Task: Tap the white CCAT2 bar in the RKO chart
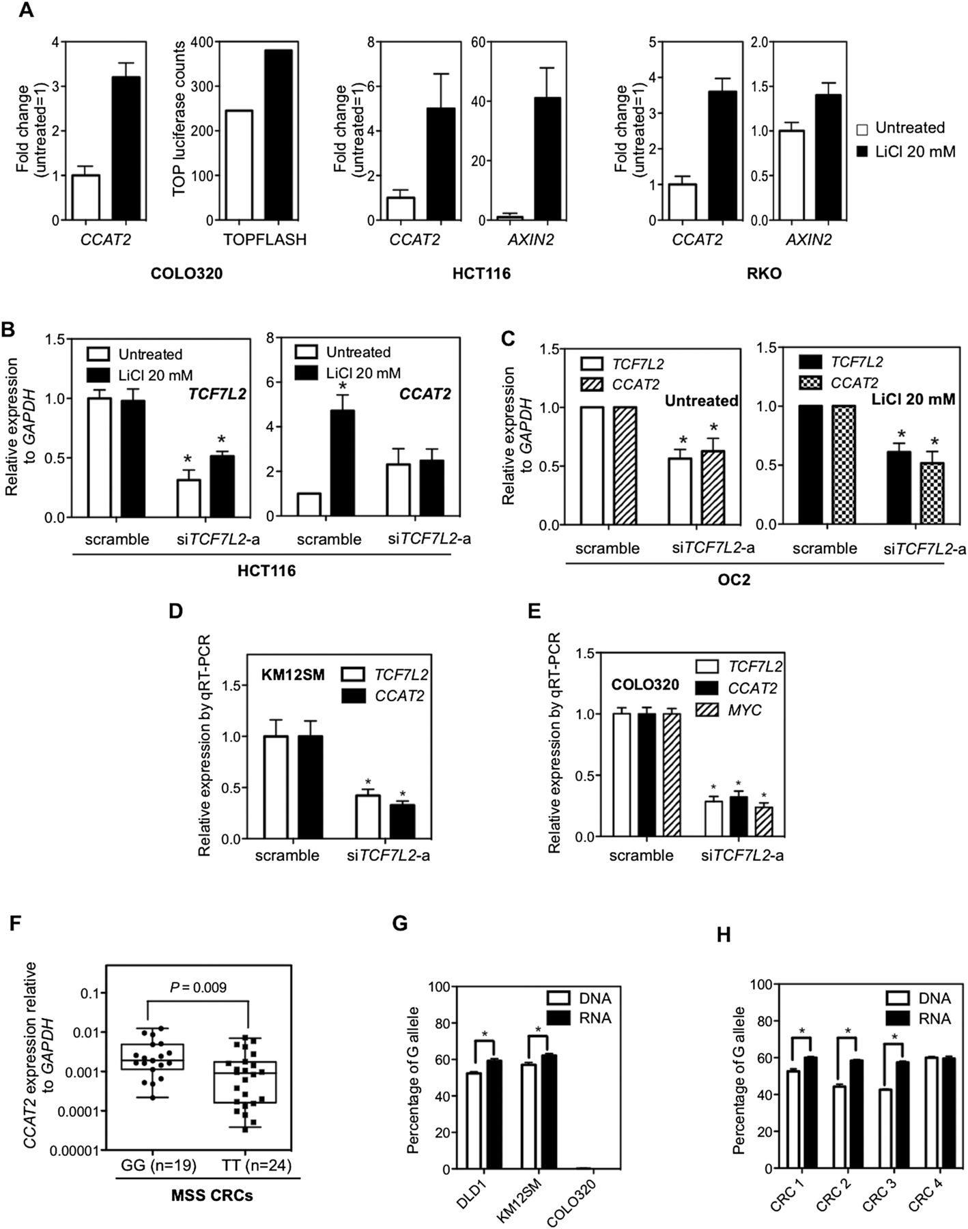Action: point(681,202)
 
